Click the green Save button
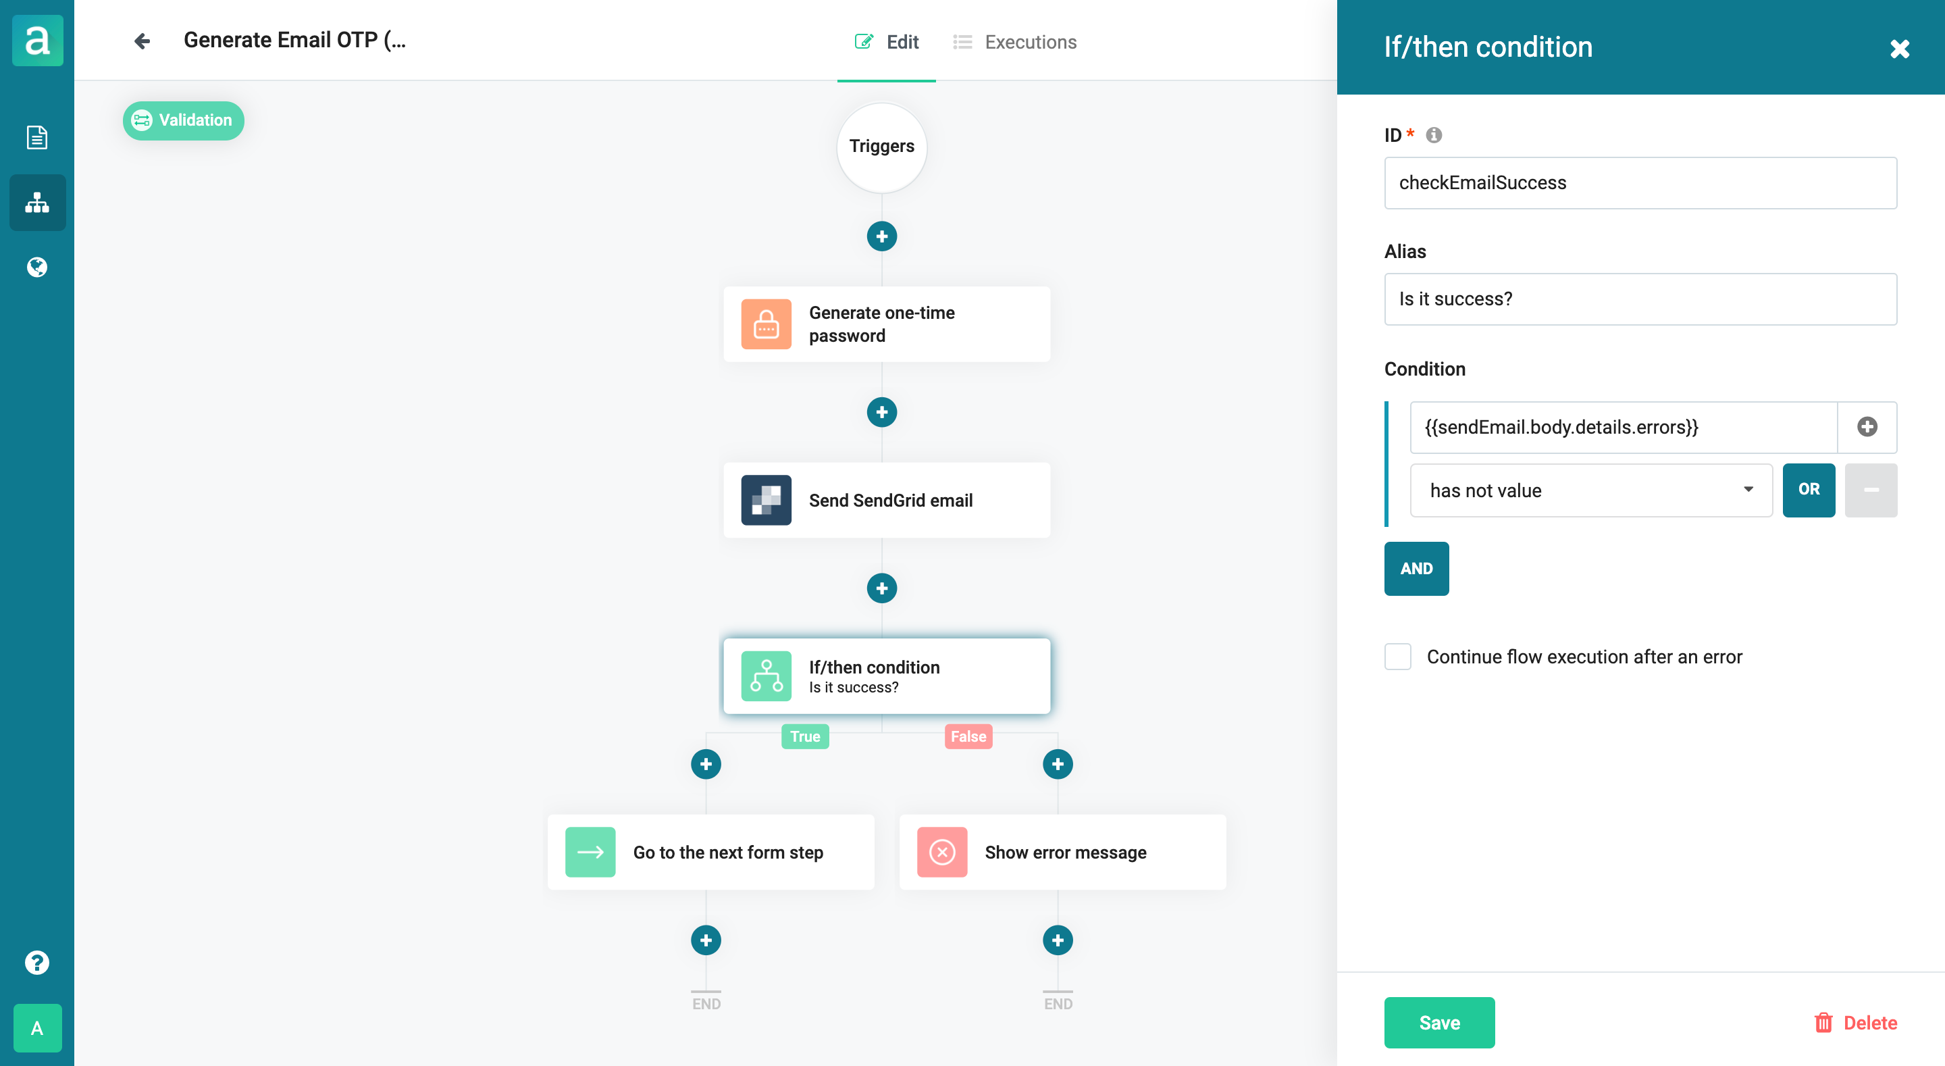(x=1438, y=1022)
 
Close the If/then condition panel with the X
(x=1899, y=49)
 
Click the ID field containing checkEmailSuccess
(x=1640, y=183)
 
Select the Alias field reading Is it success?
(x=1640, y=299)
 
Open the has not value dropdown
(x=1591, y=490)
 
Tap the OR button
(x=1809, y=490)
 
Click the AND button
(x=1416, y=568)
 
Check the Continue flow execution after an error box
(x=1397, y=657)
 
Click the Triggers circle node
(x=881, y=147)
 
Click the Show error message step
(x=1062, y=853)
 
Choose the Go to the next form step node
(x=710, y=853)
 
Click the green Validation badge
(x=183, y=120)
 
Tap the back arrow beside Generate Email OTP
(x=141, y=41)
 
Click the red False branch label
(x=967, y=736)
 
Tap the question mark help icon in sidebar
(x=37, y=963)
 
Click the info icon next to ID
(x=1433, y=135)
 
